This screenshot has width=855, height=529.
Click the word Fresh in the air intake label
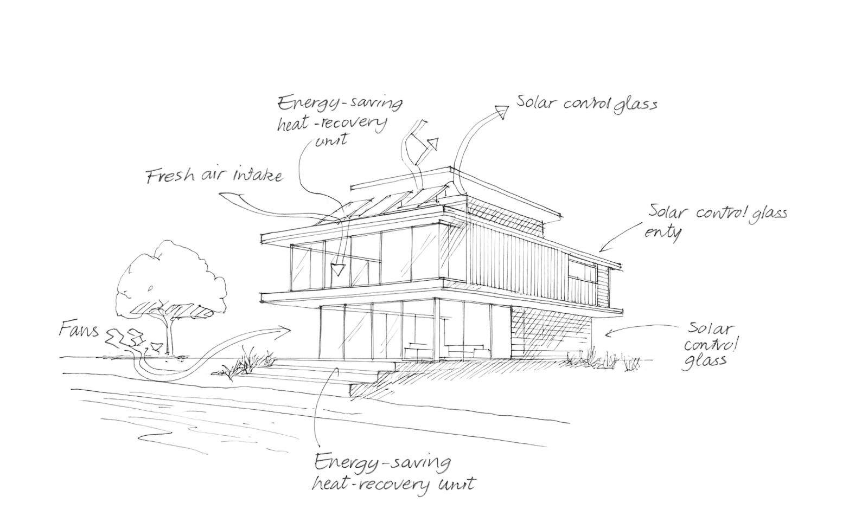[x=169, y=177]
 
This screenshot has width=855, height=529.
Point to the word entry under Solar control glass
[x=663, y=231]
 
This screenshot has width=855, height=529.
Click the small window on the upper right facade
[x=585, y=274]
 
